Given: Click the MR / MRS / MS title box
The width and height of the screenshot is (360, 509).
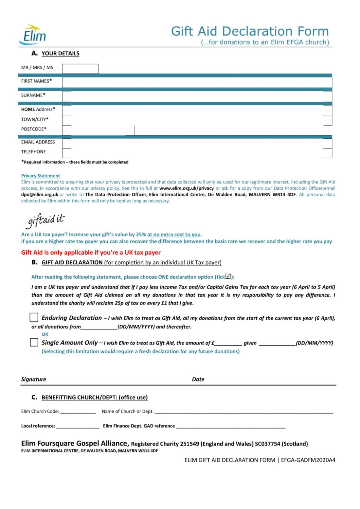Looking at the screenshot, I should coord(80,68).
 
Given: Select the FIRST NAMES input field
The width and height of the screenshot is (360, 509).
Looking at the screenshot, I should coord(197,82).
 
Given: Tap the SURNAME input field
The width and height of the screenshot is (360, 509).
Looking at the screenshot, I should coord(197,96).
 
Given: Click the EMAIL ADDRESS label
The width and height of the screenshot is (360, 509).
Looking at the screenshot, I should coord(38,142).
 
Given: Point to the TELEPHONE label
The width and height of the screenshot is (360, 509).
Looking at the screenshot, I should coord(33,152).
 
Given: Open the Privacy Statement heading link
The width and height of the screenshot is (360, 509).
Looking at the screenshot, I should coord(41,176).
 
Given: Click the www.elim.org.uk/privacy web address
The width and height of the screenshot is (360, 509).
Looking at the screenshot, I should coord(186,188).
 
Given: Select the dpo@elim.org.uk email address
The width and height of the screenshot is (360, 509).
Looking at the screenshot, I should coord(40,195).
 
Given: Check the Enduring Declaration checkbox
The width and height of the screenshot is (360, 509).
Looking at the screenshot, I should coord(34,317).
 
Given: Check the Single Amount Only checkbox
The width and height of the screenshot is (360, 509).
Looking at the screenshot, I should coord(34,342).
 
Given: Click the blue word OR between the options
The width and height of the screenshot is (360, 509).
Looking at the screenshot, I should coord(45,334).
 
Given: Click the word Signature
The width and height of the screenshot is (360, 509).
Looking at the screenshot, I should coord(34,379).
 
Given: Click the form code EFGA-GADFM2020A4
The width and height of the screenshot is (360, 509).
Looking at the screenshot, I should coord(308,460).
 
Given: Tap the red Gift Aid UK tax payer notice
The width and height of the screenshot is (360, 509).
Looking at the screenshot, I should coord(91,253).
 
